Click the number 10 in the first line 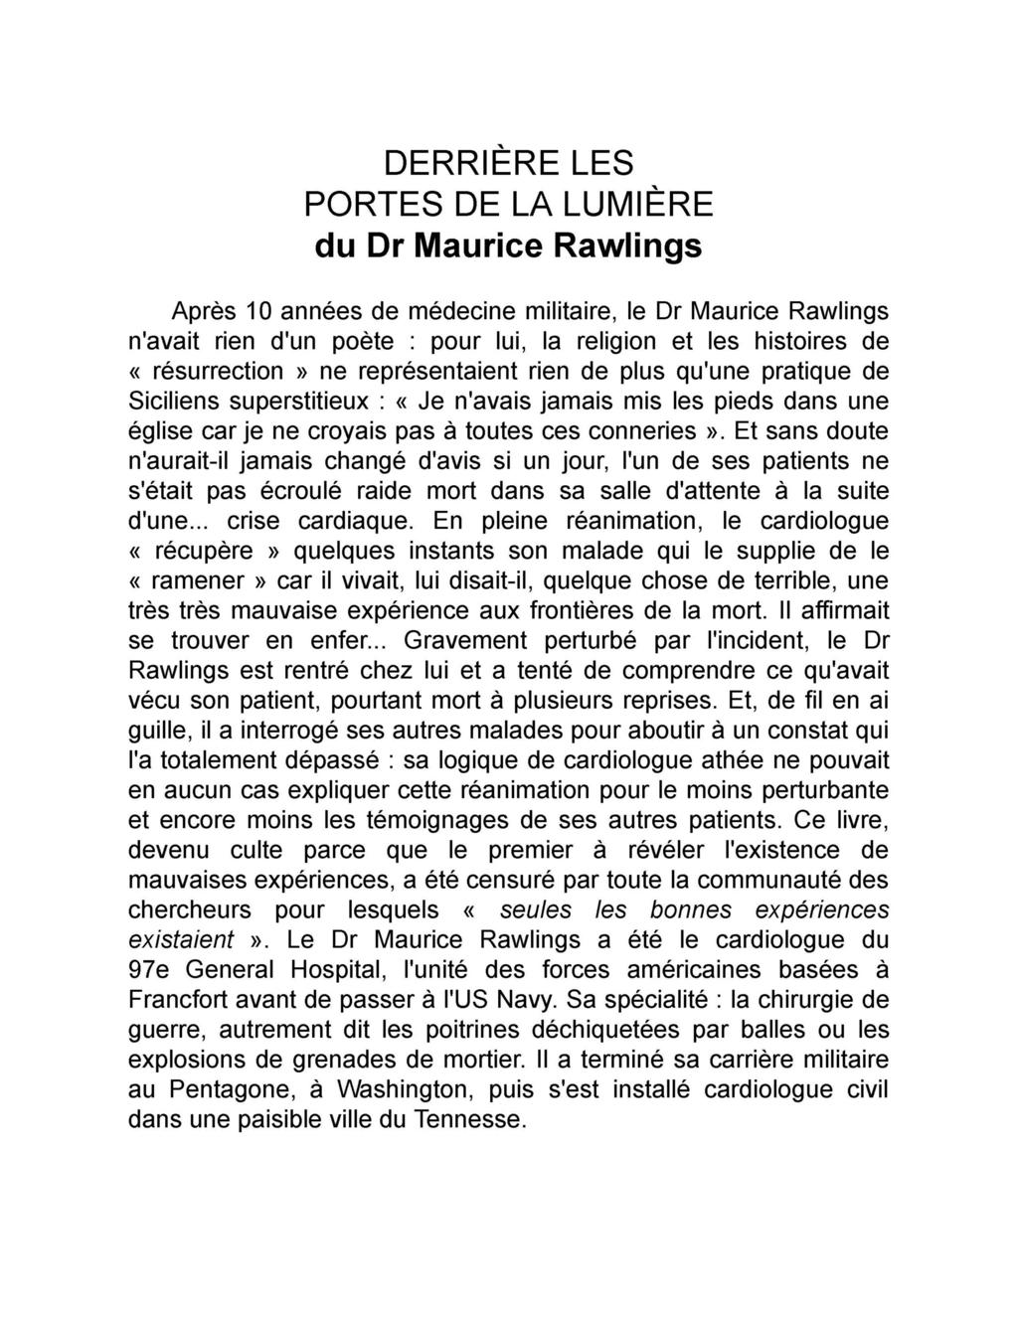pos(260,311)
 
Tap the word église pos(158,431)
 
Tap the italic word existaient pos(182,940)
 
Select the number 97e pos(151,970)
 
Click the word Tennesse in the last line pos(470,1119)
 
